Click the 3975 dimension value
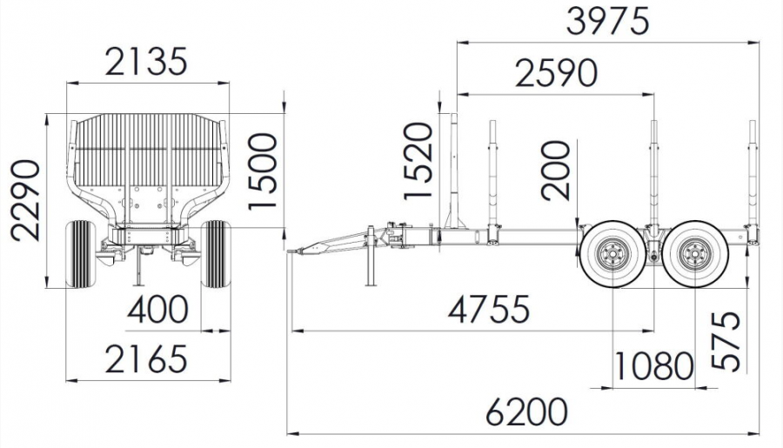[608, 22]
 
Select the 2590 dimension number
[556, 73]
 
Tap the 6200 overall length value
[527, 412]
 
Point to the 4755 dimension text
[488, 309]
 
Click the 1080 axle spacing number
[653, 366]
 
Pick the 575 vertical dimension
[726, 341]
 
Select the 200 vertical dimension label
[556, 171]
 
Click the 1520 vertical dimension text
[418, 161]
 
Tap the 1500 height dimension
[262, 171]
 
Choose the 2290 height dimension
[25, 200]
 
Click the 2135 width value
[146, 62]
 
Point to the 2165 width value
[146, 358]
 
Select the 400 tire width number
[157, 309]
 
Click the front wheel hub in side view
[612, 255]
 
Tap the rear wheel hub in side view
[694, 255]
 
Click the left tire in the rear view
[80, 254]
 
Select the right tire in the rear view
[217, 254]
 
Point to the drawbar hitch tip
[290, 251]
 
